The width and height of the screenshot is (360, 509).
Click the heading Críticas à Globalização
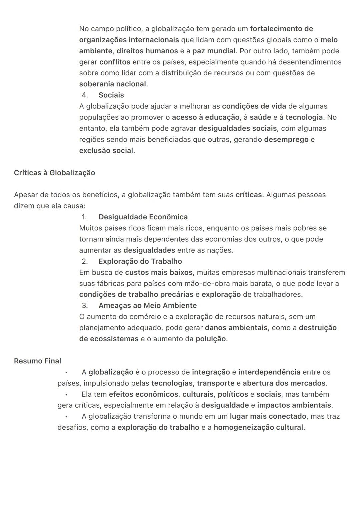click(x=54, y=173)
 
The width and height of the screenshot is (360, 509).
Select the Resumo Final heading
click(x=37, y=361)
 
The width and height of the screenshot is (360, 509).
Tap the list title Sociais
click(x=111, y=95)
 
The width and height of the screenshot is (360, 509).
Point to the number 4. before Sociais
click(x=85, y=95)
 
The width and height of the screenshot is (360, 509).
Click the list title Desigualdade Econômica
click(x=143, y=217)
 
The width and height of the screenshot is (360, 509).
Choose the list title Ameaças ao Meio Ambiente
click(x=147, y=305)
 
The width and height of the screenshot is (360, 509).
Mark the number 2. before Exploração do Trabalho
click(x=85, y=261)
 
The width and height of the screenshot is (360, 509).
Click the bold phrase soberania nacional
click(x=113, y=84)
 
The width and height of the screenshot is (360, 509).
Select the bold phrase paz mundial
click(x=214, y=51)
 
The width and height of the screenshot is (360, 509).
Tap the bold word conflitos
click(x=115, y=62)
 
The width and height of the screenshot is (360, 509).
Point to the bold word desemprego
click(x=286, y=139)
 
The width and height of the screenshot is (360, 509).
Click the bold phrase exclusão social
click(x=106, y=151)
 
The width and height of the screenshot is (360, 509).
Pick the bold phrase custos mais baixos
click(x=159, y=272)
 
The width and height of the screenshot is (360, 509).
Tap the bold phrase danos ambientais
click(x=236, y=328)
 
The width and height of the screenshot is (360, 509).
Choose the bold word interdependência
click(x=269, y=372)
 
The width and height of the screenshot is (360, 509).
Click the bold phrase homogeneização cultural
click(x=258, y=427)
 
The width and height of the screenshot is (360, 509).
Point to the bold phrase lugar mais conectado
click(x=268, y=416)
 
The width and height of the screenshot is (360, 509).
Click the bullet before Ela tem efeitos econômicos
click(x=66, y=394)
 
